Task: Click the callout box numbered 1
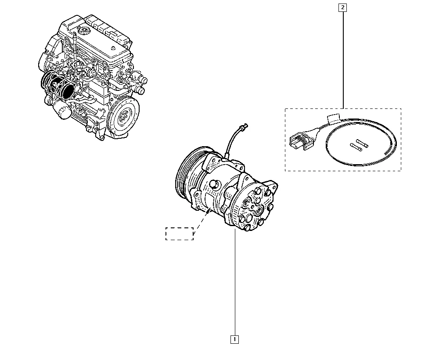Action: [x=235, y=339]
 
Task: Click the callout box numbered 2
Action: [x=342, y=7]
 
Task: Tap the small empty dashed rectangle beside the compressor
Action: [x=179, y=234]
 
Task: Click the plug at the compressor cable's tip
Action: [x=245, y=126]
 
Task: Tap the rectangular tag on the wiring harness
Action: [x=334, y=118]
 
